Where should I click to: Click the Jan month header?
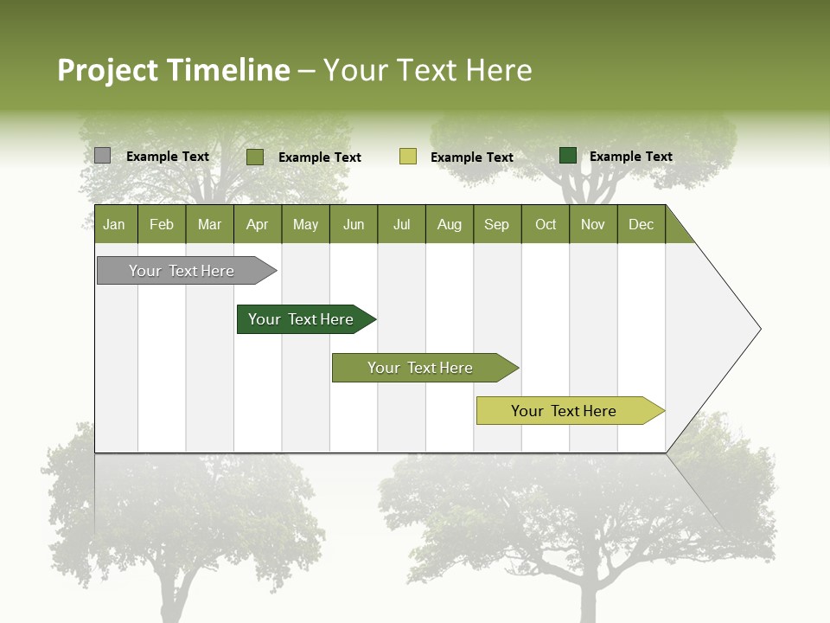point(114,224)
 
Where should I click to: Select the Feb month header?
point(162,224)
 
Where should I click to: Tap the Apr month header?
point(257,224)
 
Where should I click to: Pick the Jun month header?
point(354,224)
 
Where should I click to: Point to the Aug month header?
point(449,224)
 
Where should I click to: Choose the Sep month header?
point(496,224)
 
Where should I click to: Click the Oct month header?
point(546,224)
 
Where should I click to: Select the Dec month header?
point(641,224)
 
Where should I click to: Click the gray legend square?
point(102,156)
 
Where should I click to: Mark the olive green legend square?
point(254,157)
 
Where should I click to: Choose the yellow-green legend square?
point(408,157)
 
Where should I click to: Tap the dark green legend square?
point(568,156)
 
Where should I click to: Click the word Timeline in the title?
point(227,70)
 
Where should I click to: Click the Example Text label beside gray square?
point(168,157)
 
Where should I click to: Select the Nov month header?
point(593,224)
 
